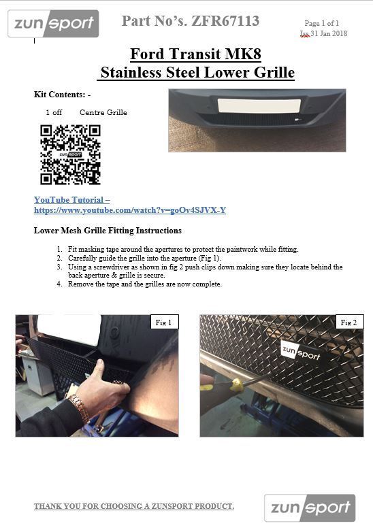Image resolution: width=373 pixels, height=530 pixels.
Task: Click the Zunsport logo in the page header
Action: [x=53, y=23]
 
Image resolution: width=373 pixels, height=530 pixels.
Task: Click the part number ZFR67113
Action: [x=225, y=21]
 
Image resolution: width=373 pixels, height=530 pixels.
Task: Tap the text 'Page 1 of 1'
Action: [x=321, y=23]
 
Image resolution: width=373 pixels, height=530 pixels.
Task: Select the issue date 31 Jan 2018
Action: [x=329, y=33]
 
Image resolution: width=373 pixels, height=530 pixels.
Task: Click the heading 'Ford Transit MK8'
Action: [x=195, y=54]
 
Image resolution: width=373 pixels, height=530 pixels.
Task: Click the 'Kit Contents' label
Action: [x=59, y=95]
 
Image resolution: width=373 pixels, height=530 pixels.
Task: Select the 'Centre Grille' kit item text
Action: [x=103, y=112]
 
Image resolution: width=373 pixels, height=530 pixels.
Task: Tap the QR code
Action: [x=70, y=154]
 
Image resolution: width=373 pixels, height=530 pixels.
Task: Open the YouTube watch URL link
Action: [x=130, y=210]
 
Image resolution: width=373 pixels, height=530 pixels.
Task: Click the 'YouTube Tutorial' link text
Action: [x=69, y=200]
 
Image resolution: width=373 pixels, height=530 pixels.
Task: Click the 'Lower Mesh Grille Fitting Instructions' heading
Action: [x=108, y=231]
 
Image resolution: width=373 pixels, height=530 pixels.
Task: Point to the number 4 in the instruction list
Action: [x=59, y=284]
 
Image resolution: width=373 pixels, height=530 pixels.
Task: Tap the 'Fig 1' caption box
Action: [x=163, y=322]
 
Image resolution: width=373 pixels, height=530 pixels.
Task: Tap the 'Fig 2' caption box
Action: [x=349, y=322]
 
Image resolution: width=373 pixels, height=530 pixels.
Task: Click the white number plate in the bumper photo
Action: [x=259, y=105]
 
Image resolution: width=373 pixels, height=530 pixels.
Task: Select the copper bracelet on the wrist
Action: [x=80, y=408]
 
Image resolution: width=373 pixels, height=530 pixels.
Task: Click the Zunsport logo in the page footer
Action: [x=310, y=508]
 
